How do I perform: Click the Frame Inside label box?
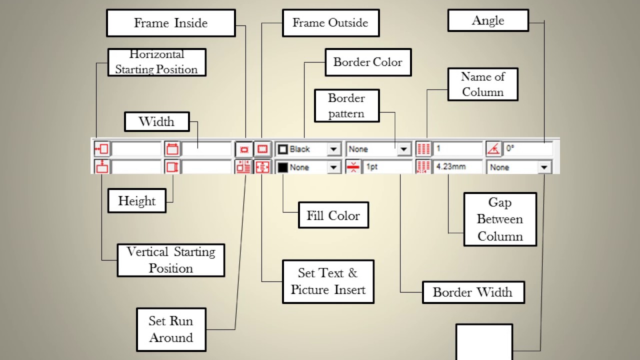pos(171,23)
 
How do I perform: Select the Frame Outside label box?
pos(331,23)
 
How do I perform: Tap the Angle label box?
pos(488,20)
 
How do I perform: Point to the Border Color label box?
pos(368,62)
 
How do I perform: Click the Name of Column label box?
pos(483,84)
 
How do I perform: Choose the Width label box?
pos(157,121)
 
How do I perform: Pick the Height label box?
pos(137,200)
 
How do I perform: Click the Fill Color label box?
pos(333,215)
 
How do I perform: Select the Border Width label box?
pos(473,292)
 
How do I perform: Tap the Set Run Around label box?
pos(171,329)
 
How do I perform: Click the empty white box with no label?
pos(484,341)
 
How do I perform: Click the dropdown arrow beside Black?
pos(333,149)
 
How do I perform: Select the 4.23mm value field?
pos(457,166)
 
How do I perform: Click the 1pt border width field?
pos(387,166)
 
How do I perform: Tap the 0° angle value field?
pos(527,148)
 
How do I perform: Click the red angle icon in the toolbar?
pos(493,149)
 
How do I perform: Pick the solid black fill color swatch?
pos(282,167)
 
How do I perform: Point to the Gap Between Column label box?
pos(500,219)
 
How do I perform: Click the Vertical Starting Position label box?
pos(171,260)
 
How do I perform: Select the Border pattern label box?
pos(347,105)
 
